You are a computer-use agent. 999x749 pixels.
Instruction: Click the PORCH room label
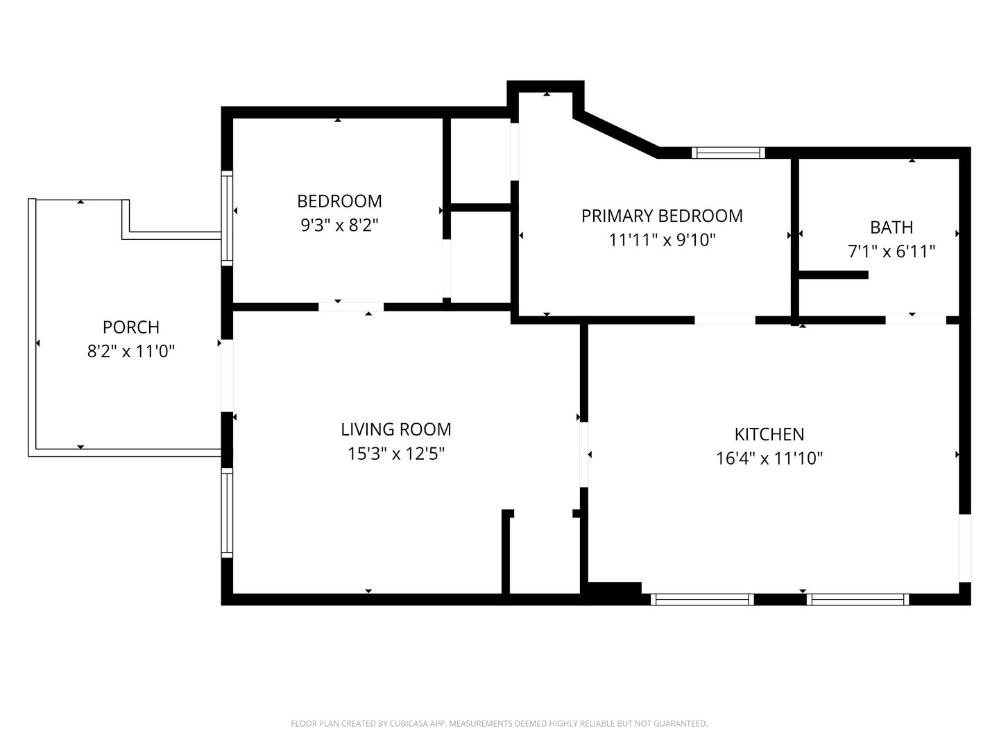[131, 327]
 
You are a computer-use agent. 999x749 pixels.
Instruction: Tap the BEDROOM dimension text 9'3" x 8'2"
[339, 225]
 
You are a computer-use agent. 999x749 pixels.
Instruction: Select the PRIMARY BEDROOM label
[662, 216]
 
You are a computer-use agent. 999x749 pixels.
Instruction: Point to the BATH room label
[891, 227]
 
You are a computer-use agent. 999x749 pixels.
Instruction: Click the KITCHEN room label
[769, 434]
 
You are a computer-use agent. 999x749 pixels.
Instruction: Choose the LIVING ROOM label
[396, 429]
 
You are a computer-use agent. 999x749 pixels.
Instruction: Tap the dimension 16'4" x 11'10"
[769, 458]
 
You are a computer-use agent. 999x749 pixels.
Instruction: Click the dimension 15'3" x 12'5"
[396, 454]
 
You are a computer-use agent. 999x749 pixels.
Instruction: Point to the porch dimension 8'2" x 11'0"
[131, 351]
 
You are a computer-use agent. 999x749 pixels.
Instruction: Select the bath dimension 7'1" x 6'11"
[891, 251]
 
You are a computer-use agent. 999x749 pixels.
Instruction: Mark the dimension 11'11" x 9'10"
[662, 240]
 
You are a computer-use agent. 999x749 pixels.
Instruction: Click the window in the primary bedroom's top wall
[728, 153]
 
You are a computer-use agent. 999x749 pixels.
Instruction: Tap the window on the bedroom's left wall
[227, 218]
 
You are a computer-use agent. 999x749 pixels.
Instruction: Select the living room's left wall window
[227, 513]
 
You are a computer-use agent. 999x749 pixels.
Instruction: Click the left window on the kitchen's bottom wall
[702, 599]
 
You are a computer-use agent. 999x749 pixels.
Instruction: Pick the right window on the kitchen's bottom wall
[858, 599]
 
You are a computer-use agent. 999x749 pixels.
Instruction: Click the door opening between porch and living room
[227, 376]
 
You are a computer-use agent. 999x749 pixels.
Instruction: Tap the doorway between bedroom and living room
[351, 307]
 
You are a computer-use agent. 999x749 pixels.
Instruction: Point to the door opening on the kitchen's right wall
[965, 549]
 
